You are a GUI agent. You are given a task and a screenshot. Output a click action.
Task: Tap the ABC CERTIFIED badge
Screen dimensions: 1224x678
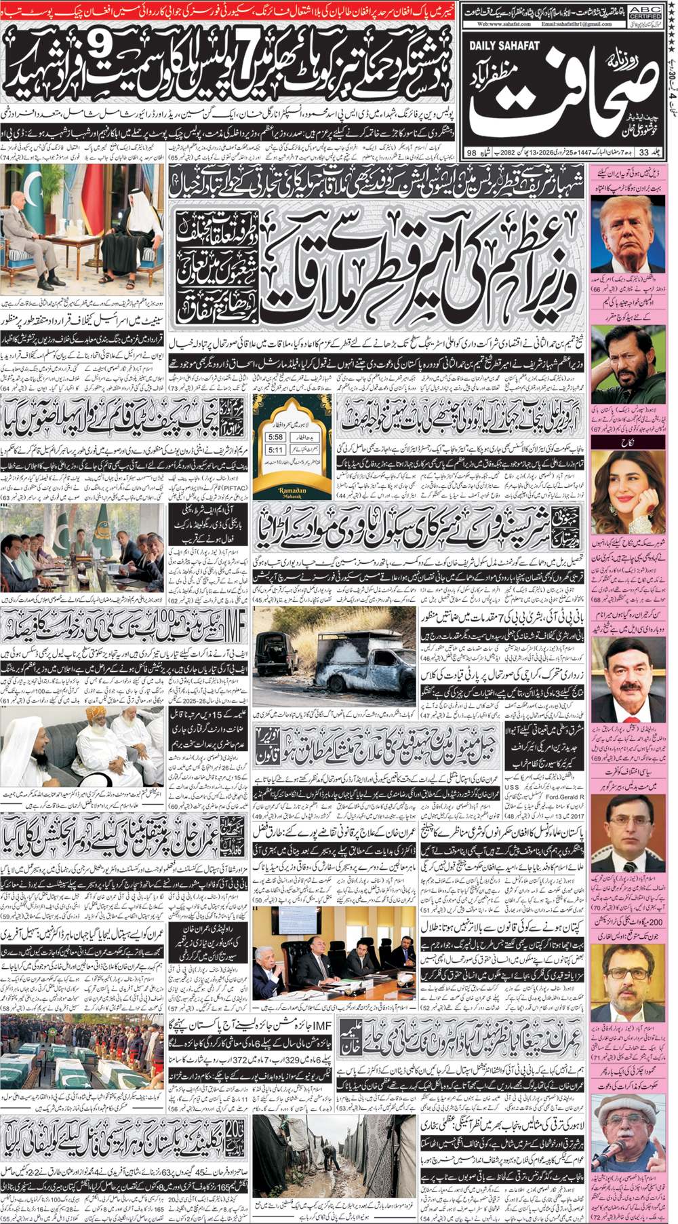click(646, 12)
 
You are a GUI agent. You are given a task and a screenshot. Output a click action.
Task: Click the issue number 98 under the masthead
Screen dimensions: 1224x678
click(472, 153)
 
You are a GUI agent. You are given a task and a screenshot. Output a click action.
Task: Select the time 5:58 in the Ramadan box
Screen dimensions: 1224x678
click(275, 437)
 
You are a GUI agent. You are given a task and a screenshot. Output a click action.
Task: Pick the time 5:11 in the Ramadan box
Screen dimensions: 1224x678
click(275, 449)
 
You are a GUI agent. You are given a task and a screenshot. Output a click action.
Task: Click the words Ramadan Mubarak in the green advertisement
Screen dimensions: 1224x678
click(292, 493)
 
